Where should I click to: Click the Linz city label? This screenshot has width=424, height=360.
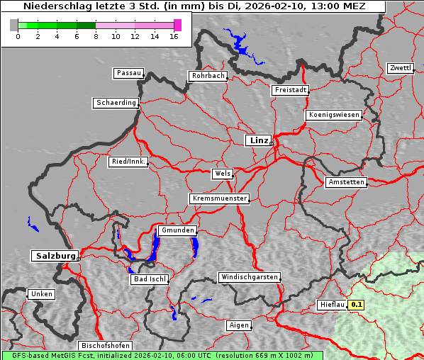click(258, 140)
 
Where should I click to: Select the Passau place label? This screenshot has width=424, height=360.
click(128, 73)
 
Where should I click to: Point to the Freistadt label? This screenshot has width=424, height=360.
click(290, 90)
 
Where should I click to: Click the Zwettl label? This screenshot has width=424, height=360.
click(400, 68)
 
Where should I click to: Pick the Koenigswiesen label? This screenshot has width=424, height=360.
click(333, 115)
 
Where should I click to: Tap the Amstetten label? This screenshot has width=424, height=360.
click(346, 182)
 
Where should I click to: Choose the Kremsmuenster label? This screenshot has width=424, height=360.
click(219, 198)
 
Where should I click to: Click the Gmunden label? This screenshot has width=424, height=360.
click(177, 230)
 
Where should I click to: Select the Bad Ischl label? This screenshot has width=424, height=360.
click(150, 279)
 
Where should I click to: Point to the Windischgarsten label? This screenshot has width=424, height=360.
click(249, 277)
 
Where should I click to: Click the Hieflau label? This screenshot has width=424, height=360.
click(332, 305)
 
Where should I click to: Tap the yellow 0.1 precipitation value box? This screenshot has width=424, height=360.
click(357, 305)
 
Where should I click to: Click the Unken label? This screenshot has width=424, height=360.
click(41, 293)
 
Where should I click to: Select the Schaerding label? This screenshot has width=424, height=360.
click(116, 103)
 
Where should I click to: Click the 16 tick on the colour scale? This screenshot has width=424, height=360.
click(174, 36)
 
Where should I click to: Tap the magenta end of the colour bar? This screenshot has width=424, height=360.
click(177, 25)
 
